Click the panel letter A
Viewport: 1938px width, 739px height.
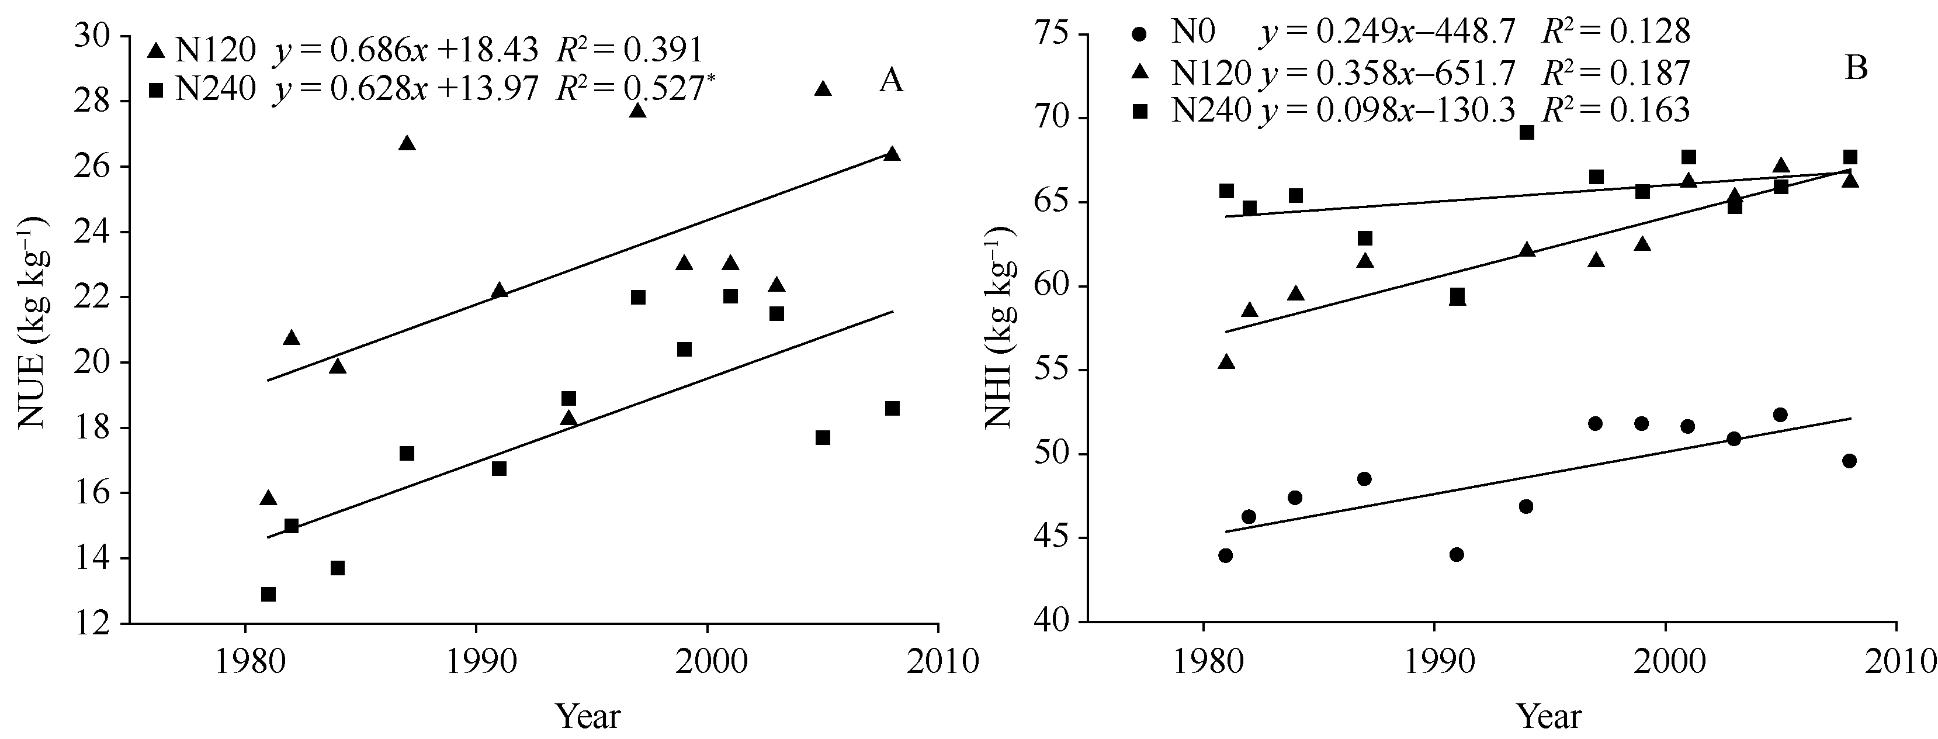pos(892,81)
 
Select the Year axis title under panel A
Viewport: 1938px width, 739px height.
pos(588,716)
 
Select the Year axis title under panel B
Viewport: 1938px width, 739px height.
pos(1549,716)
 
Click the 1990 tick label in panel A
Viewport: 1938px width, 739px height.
pos(476,662)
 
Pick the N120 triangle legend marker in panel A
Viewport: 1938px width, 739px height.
pos(157,50)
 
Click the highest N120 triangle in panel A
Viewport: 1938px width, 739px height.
pos(823,89)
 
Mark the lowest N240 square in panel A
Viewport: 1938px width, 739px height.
pos(269,595)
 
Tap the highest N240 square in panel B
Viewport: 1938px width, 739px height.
pos(1527,133)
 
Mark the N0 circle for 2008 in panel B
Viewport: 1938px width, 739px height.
pos(1849,461)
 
